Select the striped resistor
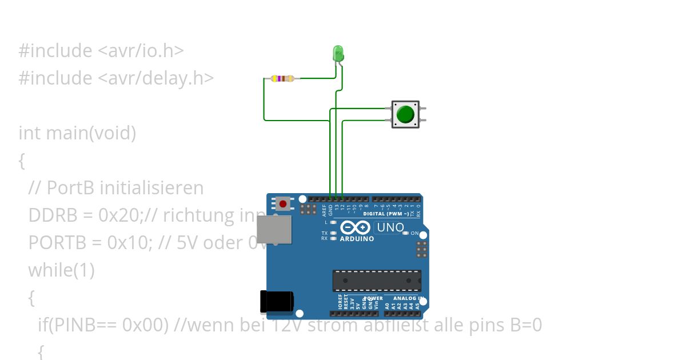[283, 78]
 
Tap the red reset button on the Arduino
[283, 203]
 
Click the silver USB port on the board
[273, 230]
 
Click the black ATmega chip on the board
[377, 281]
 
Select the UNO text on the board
[390, 227]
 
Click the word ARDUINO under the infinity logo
[357, 239]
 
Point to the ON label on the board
[415, 233]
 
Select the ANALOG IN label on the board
[407, 298]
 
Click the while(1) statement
[61, 270]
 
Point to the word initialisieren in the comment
[149, 188]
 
